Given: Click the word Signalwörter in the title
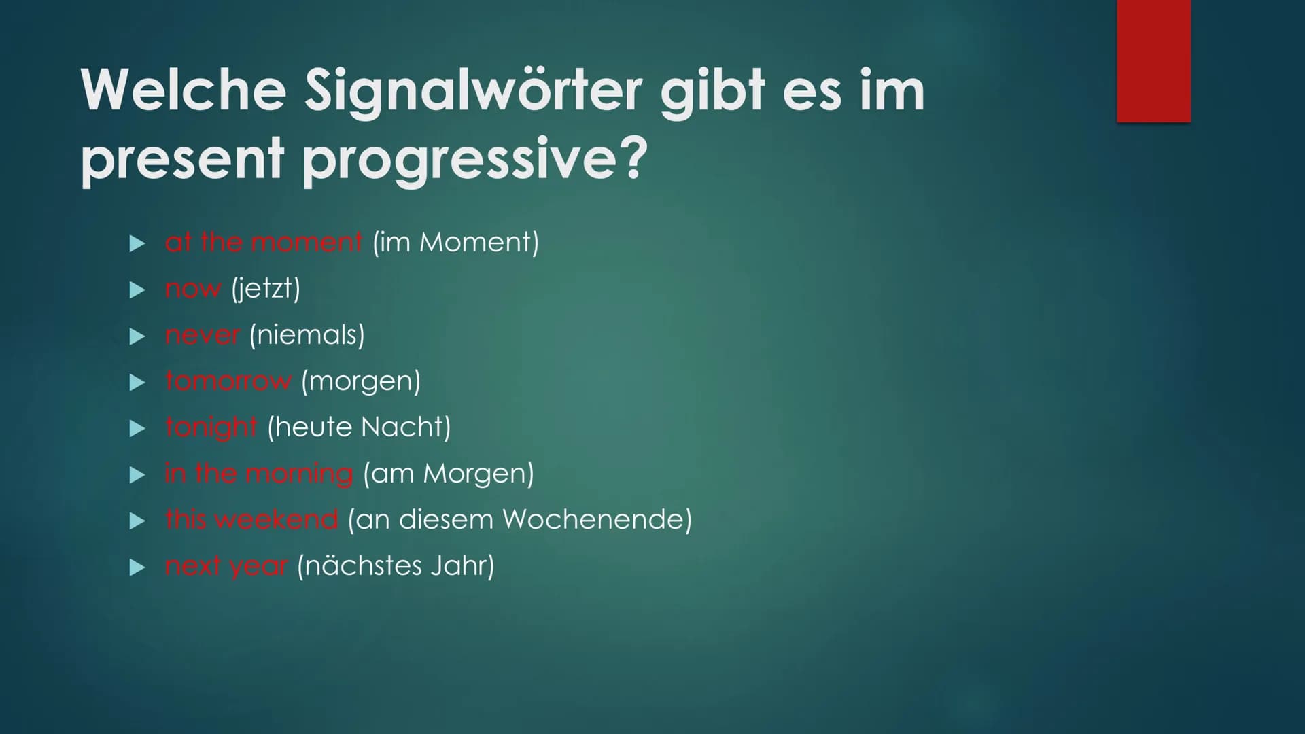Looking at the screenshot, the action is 473,92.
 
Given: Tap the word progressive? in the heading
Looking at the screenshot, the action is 474,160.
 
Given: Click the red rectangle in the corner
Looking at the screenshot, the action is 1153,61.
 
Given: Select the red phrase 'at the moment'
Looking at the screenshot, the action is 264,242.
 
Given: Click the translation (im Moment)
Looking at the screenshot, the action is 455,243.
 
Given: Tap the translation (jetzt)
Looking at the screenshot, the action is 266,289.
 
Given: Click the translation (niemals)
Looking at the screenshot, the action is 307,335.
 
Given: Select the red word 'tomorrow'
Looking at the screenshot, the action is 228,381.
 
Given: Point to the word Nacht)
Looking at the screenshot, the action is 406,427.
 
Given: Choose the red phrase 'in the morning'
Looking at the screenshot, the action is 259,474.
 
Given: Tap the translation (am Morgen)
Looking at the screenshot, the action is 449,474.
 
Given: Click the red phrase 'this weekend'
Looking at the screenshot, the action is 251,519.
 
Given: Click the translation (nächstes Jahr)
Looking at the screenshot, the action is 396,566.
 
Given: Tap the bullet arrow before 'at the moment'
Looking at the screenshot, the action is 137,243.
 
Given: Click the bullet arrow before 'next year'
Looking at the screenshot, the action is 137,567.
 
